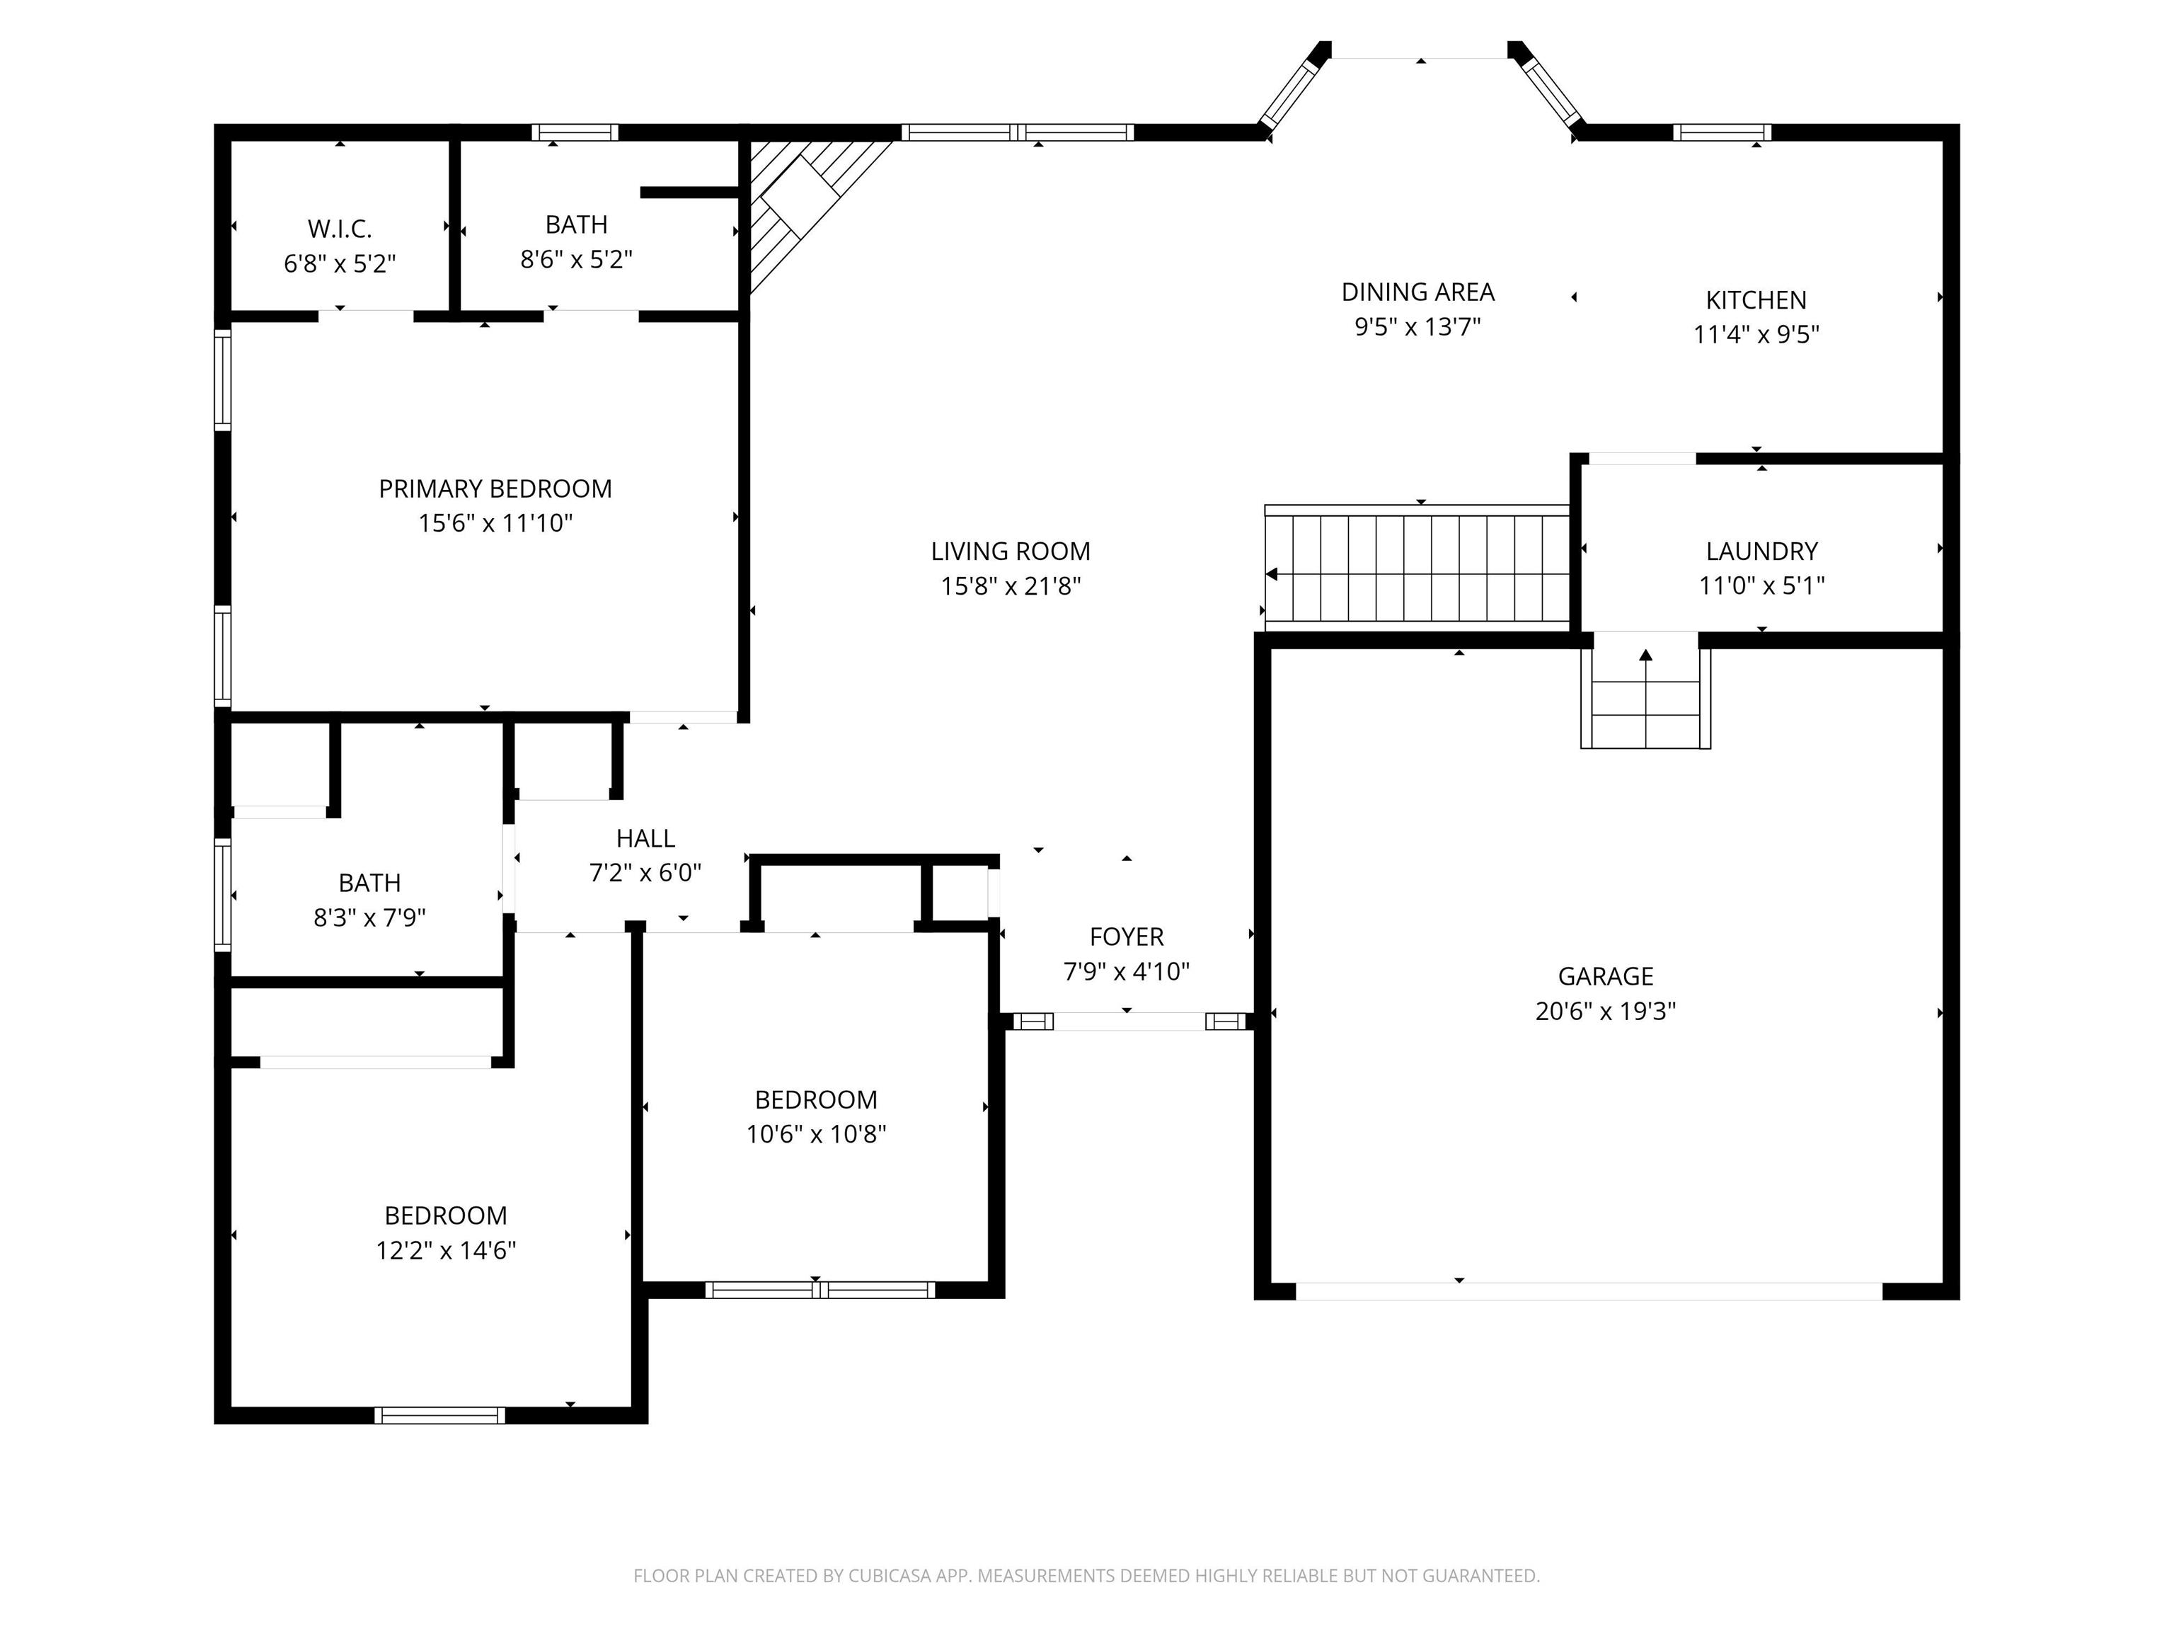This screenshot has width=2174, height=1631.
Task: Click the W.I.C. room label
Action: (x=340, y=229)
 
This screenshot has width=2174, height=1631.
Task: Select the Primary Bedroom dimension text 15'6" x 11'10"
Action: (x=495, y=523)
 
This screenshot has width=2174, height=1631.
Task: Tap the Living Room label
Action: (x=1011, y=551)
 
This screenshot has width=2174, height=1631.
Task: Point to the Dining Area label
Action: (x=1417, y=292)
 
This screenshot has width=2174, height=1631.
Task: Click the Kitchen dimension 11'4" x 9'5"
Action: (x=1756, y=334)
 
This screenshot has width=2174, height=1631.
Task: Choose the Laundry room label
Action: (x=1761, y=551)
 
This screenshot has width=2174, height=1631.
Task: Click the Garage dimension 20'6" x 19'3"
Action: (x=1605, y=1012)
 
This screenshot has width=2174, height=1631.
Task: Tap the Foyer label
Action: (x=1127, y=937)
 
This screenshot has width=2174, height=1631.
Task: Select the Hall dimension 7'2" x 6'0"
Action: (x=645, y=873)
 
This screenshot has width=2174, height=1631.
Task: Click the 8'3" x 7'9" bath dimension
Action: (x=369, y=918)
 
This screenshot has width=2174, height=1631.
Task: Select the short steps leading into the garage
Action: (x=1645, y=690)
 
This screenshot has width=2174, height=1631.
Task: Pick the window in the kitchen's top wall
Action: (x=1722, y=132)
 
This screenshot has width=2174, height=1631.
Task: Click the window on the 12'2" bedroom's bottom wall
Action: (x=439, y=1416)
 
